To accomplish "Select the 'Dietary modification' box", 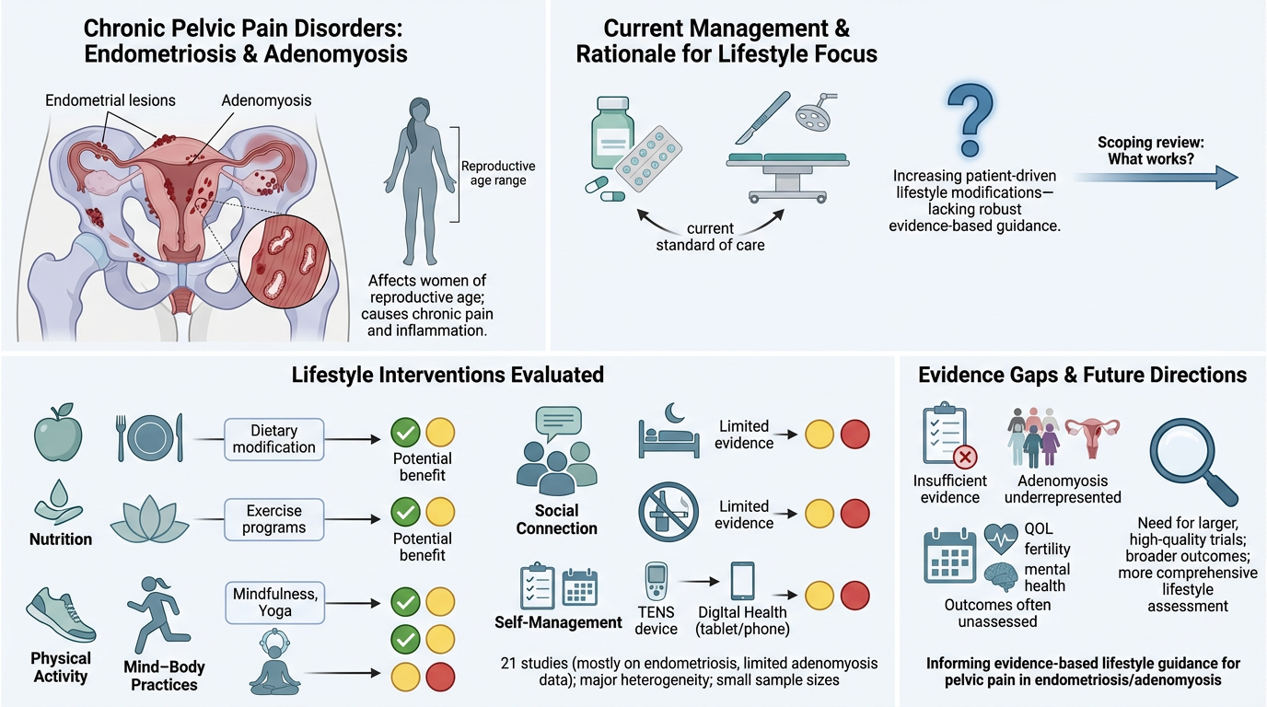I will (273, 439).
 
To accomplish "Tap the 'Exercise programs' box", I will (275, 519).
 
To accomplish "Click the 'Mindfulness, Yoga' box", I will (275, 602).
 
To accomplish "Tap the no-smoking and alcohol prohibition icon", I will (669, 512).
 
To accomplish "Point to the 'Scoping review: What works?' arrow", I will (1157, 174).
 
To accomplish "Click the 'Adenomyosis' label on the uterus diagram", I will (266, 100).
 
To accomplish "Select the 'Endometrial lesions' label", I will (110, 100).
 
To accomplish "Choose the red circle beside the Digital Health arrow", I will (854, 596).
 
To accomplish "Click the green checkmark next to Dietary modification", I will (405, 432).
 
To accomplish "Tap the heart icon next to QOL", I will (1001, 537).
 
